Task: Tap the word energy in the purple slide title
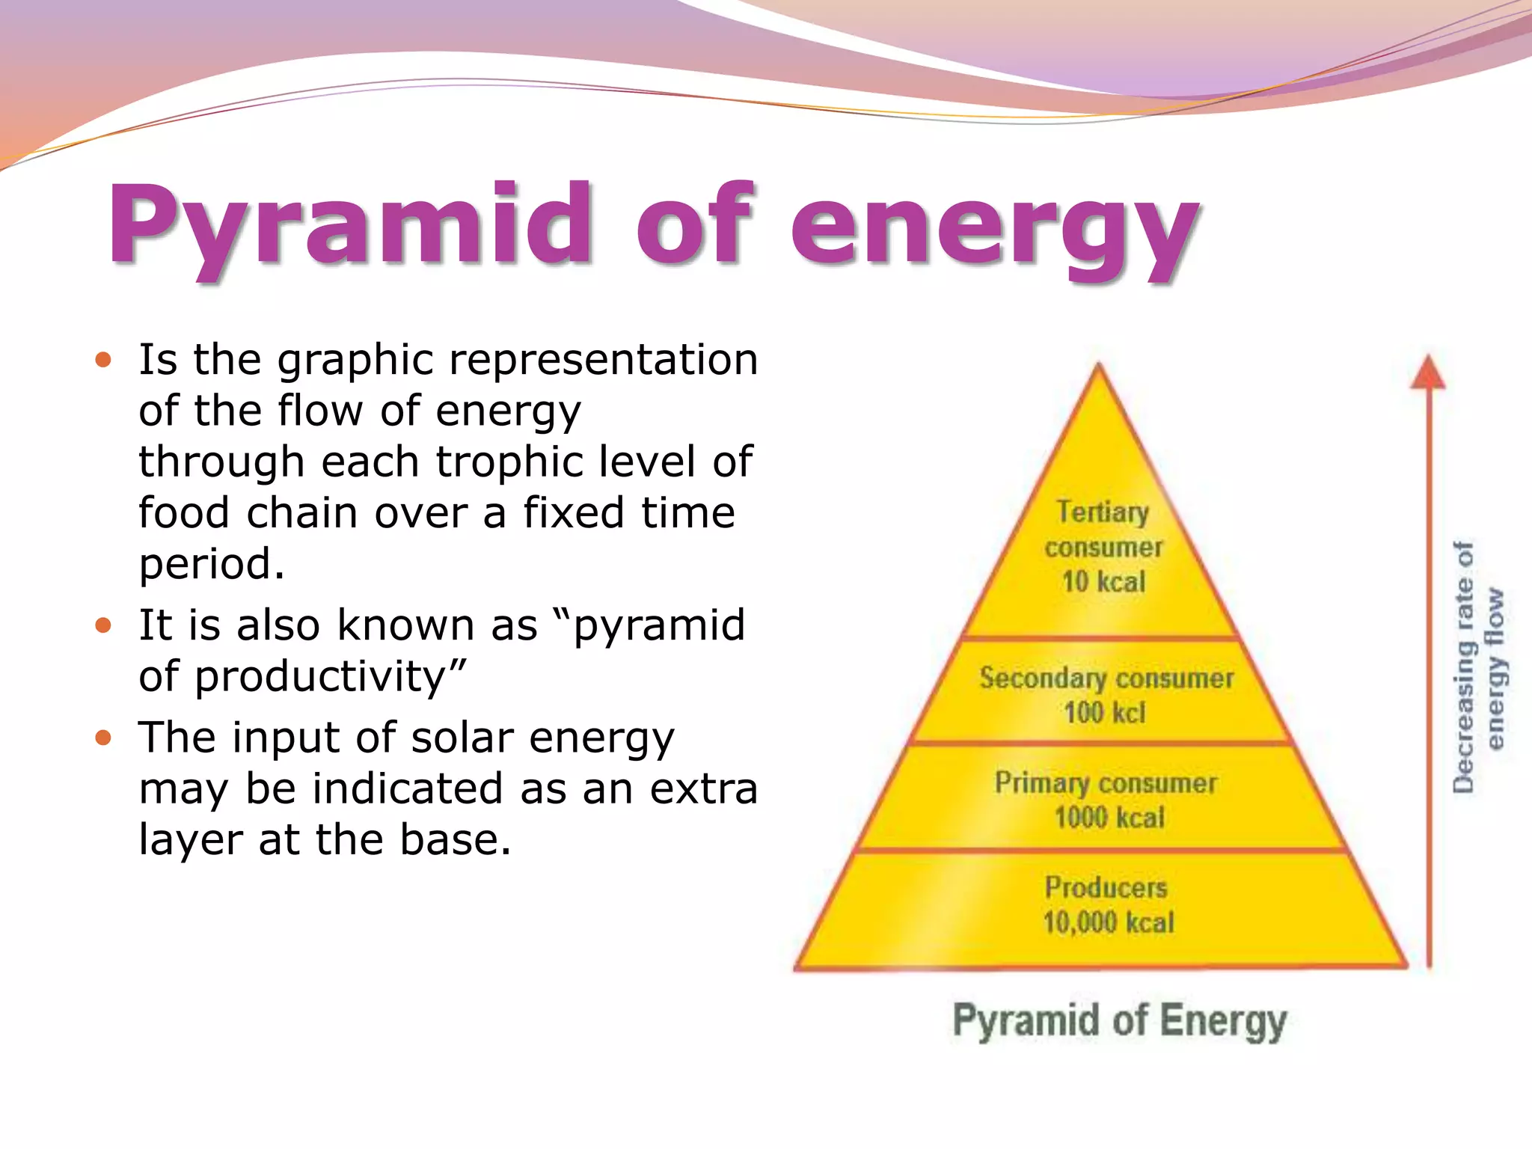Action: click(x=995, y=228)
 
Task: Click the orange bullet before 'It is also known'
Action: click(x=103, y=625)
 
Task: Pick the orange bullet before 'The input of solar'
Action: click(x=103, y=738)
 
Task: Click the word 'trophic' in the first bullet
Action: click(x=512, y=462)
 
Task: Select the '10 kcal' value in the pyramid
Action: click(x=1103, y=582)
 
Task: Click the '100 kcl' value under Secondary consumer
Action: click(x=1105, y=713)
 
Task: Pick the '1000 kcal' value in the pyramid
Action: click(x=1109, y=818)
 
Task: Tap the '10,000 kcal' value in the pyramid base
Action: click(x=1109, y=922)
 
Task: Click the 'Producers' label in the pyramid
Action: click(x=1106, y=888)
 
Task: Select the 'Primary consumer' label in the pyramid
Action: click(x=1106, y=783)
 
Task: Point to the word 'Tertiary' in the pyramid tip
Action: click(x=1103, y=512)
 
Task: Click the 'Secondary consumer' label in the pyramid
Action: click(x=1106, y=678)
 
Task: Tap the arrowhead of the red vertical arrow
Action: click(x=1428, y=372)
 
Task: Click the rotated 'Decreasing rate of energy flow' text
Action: click(x=1478, y=666)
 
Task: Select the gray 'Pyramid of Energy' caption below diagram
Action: click(x=1119, y=1021)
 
